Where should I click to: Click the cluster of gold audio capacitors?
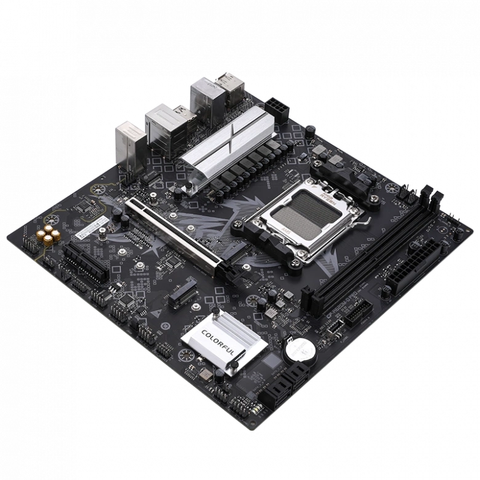pyautogui.click(x=47, y=234)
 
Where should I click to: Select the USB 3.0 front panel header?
pyautogui.click(x=357, y=311)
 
